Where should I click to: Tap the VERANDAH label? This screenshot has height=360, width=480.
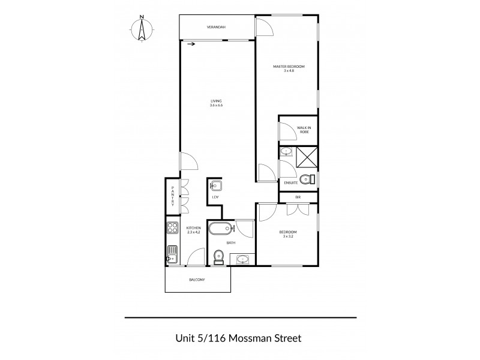[216, 28]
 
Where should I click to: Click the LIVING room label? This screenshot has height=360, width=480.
[216, 103]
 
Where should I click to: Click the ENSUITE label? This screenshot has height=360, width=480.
[291, 182]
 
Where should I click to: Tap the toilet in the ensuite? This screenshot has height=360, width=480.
[308, 178]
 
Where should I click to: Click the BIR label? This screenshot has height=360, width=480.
[298, 197]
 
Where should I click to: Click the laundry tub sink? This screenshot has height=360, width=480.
[216, 185]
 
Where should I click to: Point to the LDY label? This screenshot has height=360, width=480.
[215, 197]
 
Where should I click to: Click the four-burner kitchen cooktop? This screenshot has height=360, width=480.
[172, 229]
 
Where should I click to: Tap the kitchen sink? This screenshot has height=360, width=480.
[172, 254]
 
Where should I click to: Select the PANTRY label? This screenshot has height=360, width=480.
[173, 196]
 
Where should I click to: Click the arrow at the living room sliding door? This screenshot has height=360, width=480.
[191, 44]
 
